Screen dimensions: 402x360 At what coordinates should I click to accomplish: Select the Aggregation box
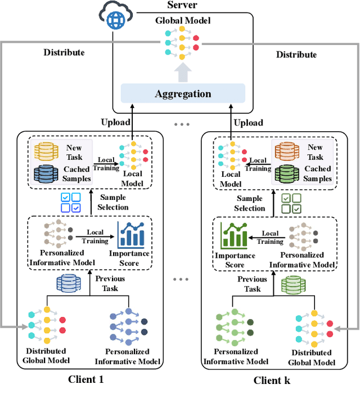click(183, 93)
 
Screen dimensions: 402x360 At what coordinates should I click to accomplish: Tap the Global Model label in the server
click(183, 20)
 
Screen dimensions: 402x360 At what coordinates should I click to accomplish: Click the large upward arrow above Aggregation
click(183, 72)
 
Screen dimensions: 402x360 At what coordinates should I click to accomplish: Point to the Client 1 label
click(85, 379)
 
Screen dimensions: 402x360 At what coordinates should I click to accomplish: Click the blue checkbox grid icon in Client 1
click(71, 202)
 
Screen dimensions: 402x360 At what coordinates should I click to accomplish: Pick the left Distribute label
click(64, 52)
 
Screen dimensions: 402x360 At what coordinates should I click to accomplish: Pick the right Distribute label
click(296, 55)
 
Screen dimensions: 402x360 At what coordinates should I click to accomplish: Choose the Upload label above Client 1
click(116, 122)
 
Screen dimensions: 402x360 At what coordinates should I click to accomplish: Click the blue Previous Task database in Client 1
click(67, 283)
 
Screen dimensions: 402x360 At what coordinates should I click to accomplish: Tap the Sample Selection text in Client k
click(250, 203)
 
